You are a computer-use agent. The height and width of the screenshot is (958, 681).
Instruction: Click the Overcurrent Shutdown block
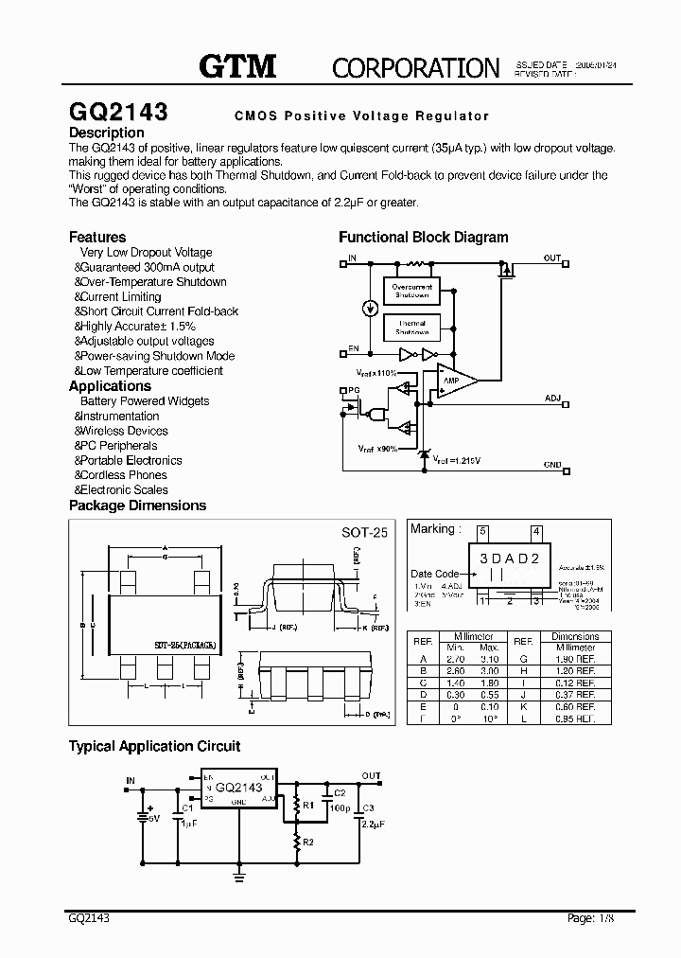click(412, 291)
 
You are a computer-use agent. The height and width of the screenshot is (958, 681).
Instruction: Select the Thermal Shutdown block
click(412, 328)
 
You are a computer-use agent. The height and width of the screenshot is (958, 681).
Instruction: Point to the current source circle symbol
click(369, 309)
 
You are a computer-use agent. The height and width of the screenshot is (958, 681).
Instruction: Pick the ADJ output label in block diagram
click(552, 399)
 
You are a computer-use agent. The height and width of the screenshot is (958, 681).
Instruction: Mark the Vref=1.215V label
click(457, 460)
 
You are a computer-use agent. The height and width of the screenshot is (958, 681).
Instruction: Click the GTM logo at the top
click(236, 66)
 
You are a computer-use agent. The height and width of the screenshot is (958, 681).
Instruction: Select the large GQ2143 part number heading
click(118, 112)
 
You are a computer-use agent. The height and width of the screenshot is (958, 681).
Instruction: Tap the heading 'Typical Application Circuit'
click(154, 746)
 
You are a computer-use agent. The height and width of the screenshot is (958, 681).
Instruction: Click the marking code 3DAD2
click(508, 559)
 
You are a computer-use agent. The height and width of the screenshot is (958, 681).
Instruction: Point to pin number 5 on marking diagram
click(481, 530)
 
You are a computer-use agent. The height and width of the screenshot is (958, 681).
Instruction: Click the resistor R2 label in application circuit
click(308, 840)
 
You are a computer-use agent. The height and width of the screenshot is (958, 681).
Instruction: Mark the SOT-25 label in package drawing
click(365, 532)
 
